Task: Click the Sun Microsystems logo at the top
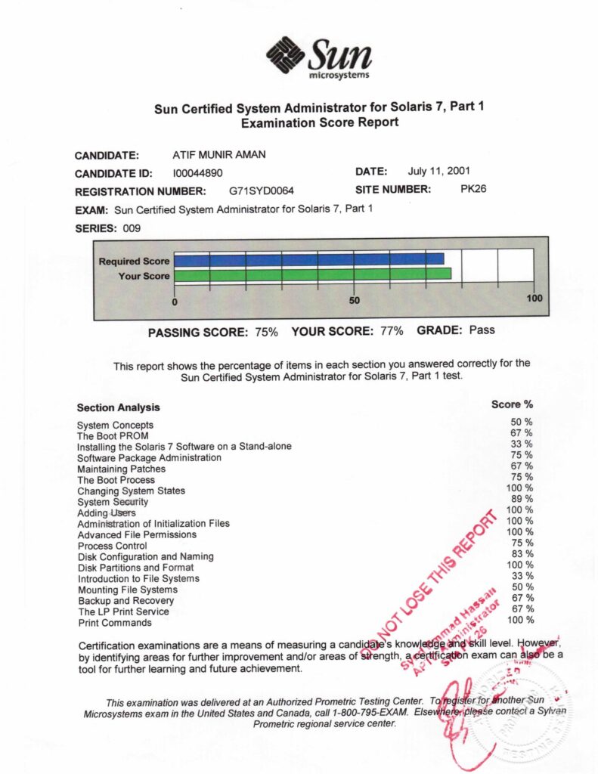(318, 57)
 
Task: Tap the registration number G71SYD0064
(262, 190)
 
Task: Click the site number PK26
(473, 189)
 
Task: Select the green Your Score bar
(312, 274)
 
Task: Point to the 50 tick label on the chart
(355, 300)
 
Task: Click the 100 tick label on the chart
(534, 299)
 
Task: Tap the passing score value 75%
(265, 331)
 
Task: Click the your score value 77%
(390, 331)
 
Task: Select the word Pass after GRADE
(482, 330)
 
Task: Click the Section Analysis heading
(118, 407)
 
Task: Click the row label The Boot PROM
(113, 435)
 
